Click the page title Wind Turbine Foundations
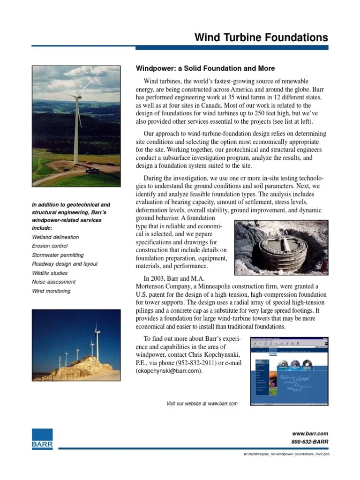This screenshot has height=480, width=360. [261, 37]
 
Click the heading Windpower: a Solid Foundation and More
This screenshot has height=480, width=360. [205, 68]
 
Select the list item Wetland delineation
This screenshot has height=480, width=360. [55, 237]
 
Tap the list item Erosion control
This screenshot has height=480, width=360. [50, 246]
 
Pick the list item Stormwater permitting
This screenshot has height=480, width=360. [58, 255]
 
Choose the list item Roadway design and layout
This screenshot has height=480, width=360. [65, 264]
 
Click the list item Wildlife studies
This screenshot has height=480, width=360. [50, 273]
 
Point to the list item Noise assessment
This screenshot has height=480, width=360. [53, 282]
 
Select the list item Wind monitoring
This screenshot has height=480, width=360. [51, 291]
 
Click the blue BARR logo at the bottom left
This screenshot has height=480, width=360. [42, 439]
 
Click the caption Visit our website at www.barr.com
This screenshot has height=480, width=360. [202, 404]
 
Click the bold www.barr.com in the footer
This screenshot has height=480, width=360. [310, 434]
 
